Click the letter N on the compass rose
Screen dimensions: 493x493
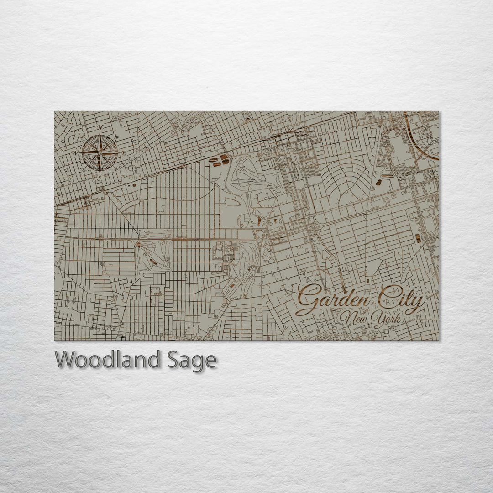pyautogui.click(x=99, y=127)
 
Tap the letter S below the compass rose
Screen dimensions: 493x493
pyautogui.click(x=99, y=178)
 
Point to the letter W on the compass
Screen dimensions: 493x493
pyautogui.click(x=74, y=152)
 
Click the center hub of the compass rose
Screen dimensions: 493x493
pyautogui.click(x=100, y=152)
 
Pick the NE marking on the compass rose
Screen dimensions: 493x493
pyautogui.click(x=116, y=136)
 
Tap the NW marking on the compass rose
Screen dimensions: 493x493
pyautogui.click(x=83, y=136)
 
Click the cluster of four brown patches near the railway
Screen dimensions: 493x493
pyautogui.click(x=220, y=159)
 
